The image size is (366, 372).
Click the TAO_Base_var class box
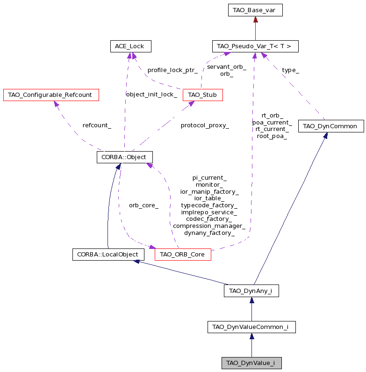(x=255, y=10)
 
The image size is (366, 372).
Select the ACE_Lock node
(x=130, y=46)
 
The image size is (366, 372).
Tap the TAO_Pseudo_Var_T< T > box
(x=255, y=46)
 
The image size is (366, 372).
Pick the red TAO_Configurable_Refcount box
(x=51, y=95)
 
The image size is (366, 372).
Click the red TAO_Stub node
(x=203, y=95)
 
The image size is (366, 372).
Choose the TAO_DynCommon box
(x=331, y=126)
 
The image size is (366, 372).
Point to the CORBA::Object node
(x=125, y=157)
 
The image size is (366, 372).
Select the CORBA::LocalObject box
(x=108, y=255)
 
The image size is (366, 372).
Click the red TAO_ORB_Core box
(x=183, y=255)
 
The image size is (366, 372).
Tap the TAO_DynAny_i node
(x=251, y=291)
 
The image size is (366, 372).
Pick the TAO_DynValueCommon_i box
(x=251, y=327)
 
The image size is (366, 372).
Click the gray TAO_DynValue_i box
(x=251, y=363)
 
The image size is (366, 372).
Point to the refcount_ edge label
(x=97, y=125)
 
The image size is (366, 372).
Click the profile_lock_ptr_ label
(x=172, y=70)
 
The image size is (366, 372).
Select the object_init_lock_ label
(x=151, y=95)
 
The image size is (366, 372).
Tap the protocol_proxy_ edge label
(x=205, y=125)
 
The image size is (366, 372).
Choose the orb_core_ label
(x=144, y=205)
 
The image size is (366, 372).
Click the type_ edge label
(x=290, y=70)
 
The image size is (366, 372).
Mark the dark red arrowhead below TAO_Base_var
(x=255, y=20)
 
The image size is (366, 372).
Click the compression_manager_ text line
(x=209, y=226)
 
